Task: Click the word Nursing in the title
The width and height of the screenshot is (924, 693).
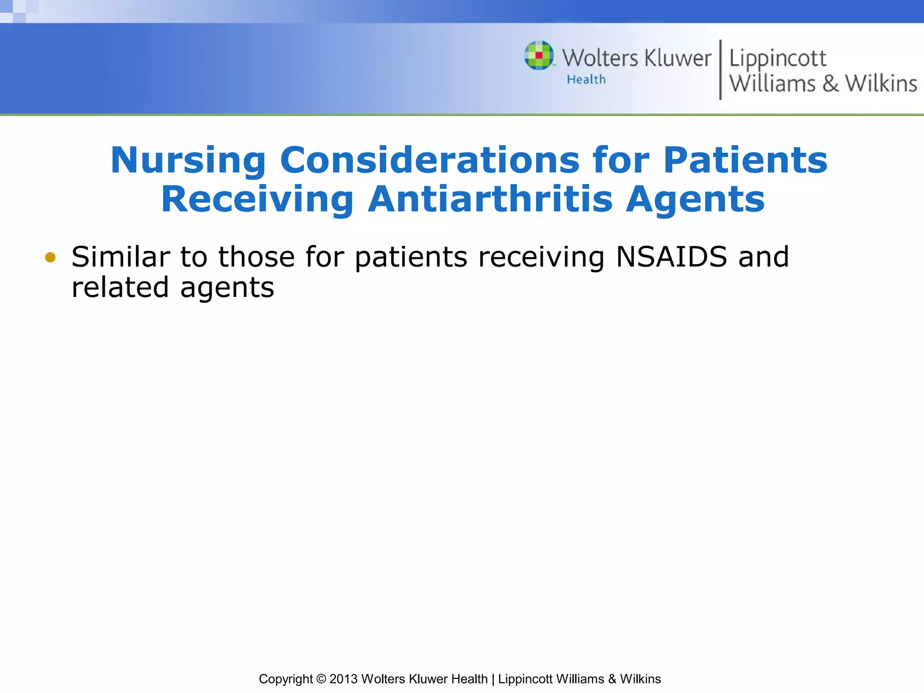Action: point(188,161)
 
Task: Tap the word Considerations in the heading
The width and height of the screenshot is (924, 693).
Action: point(430,160)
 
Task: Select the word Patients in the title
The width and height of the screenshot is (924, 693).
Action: point(745,160)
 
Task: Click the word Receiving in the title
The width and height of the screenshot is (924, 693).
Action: point(257,199)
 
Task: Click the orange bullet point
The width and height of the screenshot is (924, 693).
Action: point(50,258)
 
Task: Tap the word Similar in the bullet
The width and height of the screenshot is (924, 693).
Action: point(120,257)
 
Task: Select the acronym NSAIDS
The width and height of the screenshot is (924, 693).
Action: point(671,257)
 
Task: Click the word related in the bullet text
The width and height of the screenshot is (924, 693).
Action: point(120,287)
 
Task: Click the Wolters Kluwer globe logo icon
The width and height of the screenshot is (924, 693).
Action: point(539,55)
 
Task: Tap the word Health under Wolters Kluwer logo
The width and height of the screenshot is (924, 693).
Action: point(586,79)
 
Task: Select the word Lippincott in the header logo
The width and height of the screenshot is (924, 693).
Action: point(777,59)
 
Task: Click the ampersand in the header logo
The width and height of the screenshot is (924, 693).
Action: point(830,84)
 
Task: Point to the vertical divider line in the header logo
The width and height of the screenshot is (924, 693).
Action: point(720,69)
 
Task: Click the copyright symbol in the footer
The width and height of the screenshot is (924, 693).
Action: point(321,679)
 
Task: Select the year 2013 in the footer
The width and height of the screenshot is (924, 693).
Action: point(343,679)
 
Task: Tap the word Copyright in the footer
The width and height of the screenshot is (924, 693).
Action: point(286,679)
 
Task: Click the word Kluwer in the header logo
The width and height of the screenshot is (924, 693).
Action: point(677,59)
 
